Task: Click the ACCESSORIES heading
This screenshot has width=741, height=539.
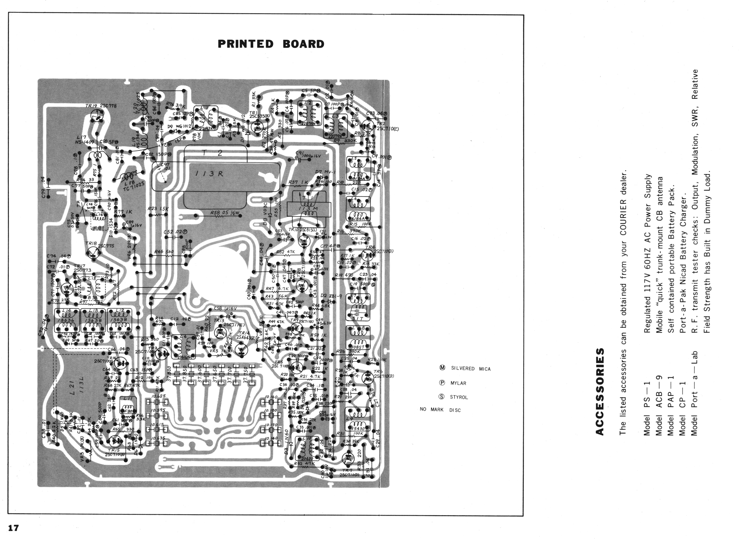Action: click(600, 392)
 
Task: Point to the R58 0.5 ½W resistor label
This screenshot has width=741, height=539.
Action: click(225, 213)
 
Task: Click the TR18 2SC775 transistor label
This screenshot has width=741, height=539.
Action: click(99, 244)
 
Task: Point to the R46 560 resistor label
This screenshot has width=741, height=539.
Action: click(164, 252)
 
